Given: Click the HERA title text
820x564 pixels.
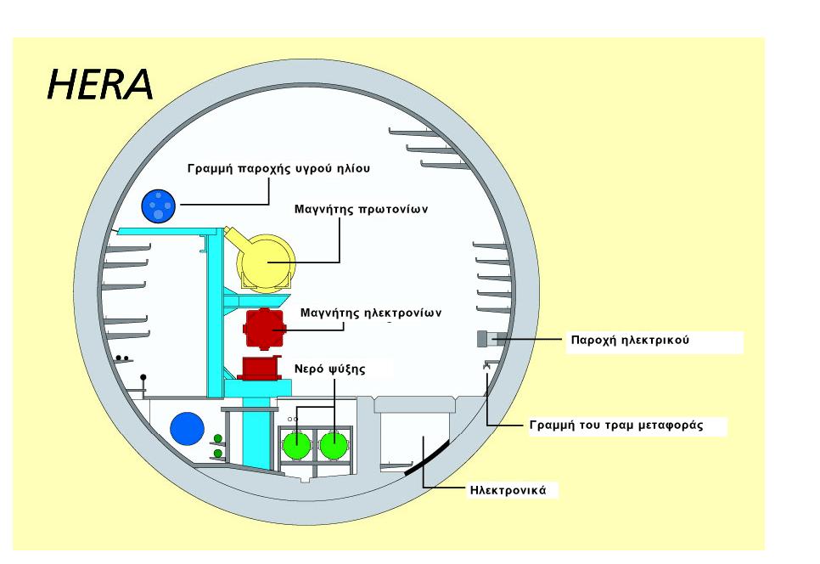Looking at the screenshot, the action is (100, 85).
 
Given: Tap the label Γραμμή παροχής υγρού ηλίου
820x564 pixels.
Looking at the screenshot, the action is (278, 169).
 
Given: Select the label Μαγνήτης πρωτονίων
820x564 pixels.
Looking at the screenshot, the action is (361, 210).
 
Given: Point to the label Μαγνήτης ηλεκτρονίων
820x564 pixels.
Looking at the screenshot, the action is (371, 313).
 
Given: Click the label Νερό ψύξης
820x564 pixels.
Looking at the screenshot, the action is (330, 369).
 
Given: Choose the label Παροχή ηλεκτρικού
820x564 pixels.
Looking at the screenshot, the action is (630, 341).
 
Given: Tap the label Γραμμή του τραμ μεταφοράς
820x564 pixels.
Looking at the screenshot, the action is (616, 426).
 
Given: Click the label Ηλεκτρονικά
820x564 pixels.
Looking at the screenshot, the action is (508, 491).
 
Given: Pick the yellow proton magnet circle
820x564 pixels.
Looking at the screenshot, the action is (266, 262).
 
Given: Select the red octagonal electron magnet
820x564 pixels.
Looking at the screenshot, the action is (265, 329).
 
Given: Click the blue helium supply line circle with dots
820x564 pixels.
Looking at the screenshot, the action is (159, 206).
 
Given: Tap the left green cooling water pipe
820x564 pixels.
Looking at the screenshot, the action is (297, 445).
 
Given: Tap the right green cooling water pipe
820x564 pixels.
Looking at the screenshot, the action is (334, 445).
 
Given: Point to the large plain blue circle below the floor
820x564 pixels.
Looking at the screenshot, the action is (188, 428).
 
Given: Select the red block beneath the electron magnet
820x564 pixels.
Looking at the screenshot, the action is (260, 368).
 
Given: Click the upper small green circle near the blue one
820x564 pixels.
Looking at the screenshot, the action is (218, 438).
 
